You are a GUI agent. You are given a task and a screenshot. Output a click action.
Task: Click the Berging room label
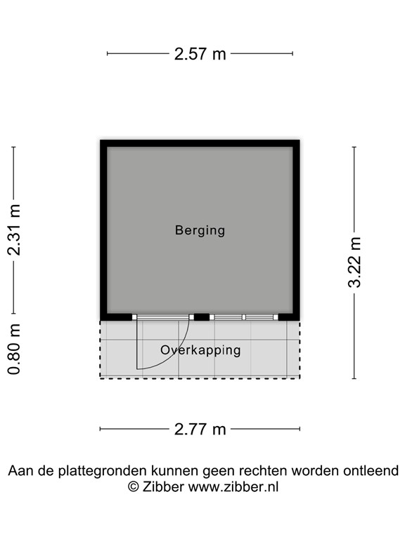click(x=200, y=230)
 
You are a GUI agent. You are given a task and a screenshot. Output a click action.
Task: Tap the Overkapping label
click(x=200, y=350)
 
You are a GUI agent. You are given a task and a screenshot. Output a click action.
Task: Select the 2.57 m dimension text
click(x=200, y=54)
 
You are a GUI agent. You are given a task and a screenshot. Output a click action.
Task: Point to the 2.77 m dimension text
click(x=200, y=429)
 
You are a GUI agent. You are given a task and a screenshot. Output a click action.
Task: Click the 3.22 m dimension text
click(x=354, y=262)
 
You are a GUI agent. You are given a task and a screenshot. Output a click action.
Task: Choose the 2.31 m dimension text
click(x=13, y=229)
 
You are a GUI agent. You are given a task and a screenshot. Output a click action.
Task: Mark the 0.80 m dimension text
click(x=13, y=349)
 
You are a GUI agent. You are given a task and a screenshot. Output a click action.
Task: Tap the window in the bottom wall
click(x=245, y=317)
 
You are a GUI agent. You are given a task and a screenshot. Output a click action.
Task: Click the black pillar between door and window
click(x=202, y=317)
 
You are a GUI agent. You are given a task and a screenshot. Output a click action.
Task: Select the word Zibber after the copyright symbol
click(x=164, y=486)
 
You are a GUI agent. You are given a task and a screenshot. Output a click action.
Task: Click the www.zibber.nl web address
click(x=233, y=486)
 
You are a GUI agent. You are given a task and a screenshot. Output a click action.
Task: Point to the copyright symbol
click(x=132, y=486)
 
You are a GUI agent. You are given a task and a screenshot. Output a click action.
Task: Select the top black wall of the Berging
click(x=200, y=143)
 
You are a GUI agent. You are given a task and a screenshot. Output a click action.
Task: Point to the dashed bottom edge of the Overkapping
click(x=200, y=378)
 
